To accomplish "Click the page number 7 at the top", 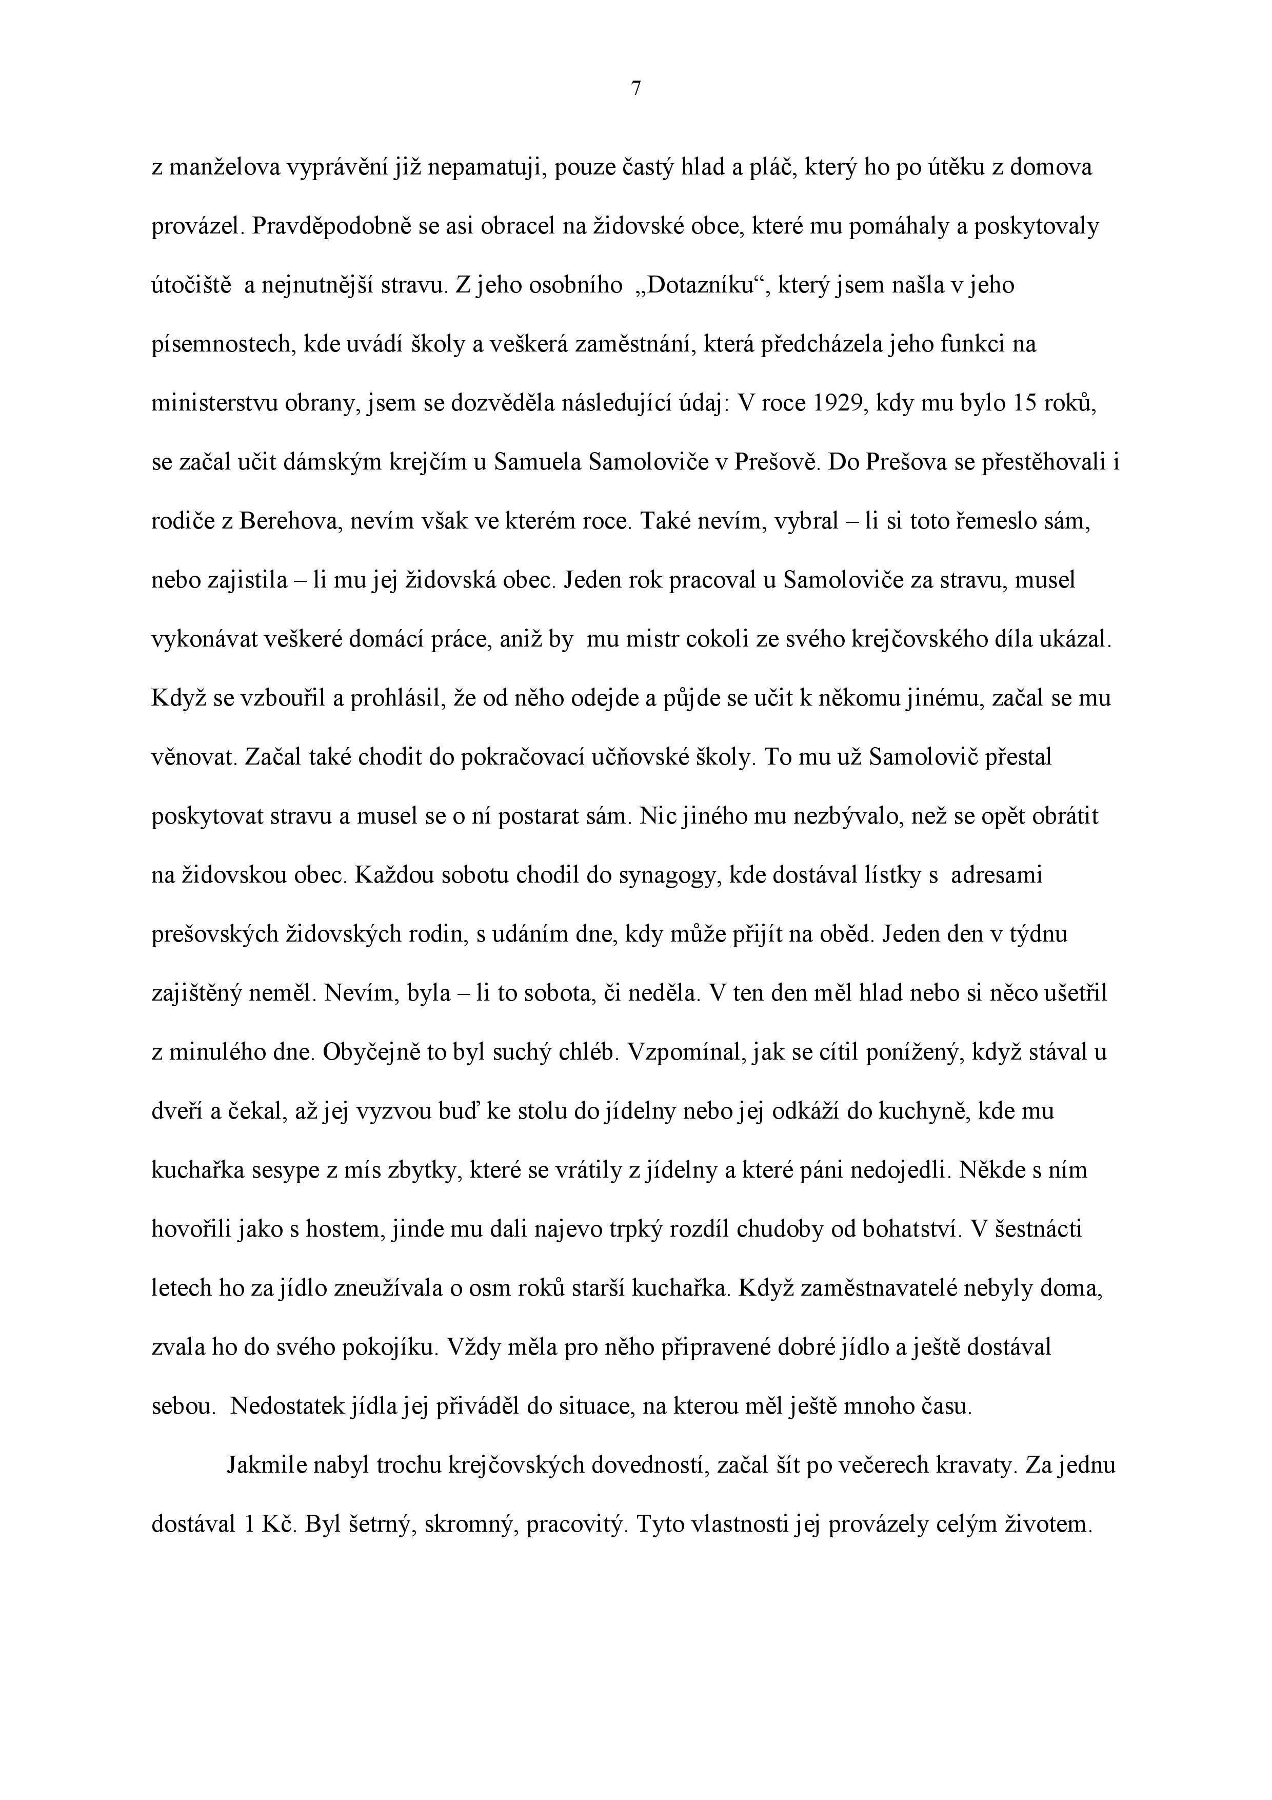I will click(635, 89).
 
